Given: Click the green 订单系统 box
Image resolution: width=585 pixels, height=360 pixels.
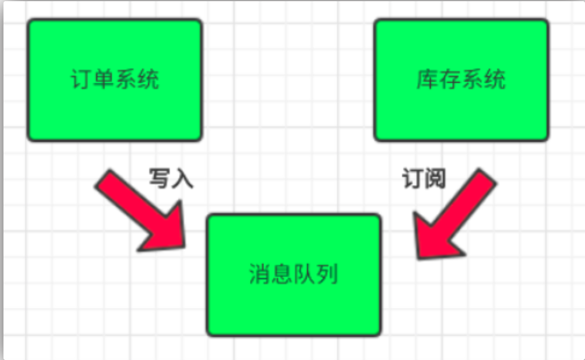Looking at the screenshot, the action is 115,80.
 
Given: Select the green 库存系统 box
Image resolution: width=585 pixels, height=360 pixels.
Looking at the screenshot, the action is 461,80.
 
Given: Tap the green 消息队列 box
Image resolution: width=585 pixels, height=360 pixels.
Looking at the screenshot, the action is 294,275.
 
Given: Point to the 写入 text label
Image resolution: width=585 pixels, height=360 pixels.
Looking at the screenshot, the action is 171,178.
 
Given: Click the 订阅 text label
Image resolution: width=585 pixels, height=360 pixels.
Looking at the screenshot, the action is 424,178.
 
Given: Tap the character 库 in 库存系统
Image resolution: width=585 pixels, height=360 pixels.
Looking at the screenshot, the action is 428,79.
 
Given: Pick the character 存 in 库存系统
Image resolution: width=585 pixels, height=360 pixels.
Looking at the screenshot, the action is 450,79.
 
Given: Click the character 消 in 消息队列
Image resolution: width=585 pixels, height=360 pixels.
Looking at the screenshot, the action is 260,274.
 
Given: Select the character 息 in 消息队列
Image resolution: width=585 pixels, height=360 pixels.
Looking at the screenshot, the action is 282,274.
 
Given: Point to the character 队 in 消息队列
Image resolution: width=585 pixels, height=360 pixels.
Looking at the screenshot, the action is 305,274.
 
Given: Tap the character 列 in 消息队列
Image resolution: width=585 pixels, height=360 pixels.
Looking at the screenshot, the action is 327,274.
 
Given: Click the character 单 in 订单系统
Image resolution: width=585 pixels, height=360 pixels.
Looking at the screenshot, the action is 104,79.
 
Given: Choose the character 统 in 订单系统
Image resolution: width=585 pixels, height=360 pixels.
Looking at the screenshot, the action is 149,79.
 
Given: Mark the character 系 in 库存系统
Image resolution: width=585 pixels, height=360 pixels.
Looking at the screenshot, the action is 472,79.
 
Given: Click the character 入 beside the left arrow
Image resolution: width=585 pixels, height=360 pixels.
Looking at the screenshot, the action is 182,178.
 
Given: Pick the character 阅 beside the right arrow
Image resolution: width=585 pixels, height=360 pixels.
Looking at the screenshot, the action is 435,178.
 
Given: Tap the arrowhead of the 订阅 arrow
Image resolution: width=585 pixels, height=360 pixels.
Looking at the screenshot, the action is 418,258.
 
